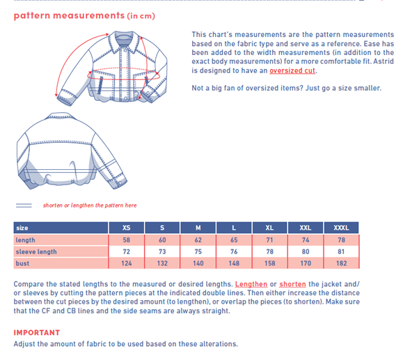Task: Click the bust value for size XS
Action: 127,263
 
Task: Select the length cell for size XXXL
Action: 341,240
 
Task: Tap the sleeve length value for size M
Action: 198,251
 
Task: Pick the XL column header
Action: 269,228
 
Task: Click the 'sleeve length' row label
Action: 36,251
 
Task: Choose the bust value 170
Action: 306,263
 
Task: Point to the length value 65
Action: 234,240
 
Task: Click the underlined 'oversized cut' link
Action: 292,70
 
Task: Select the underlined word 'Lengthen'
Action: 251,284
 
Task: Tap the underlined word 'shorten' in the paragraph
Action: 292,284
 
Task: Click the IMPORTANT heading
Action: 37,332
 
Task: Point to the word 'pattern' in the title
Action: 32,16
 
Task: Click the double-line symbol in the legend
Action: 24,205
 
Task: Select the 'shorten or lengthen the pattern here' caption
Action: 90,205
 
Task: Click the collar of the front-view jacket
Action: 125,40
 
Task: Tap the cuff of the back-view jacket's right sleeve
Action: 118,182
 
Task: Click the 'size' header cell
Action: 61,228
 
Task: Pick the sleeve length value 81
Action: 341,251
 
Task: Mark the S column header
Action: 162,228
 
